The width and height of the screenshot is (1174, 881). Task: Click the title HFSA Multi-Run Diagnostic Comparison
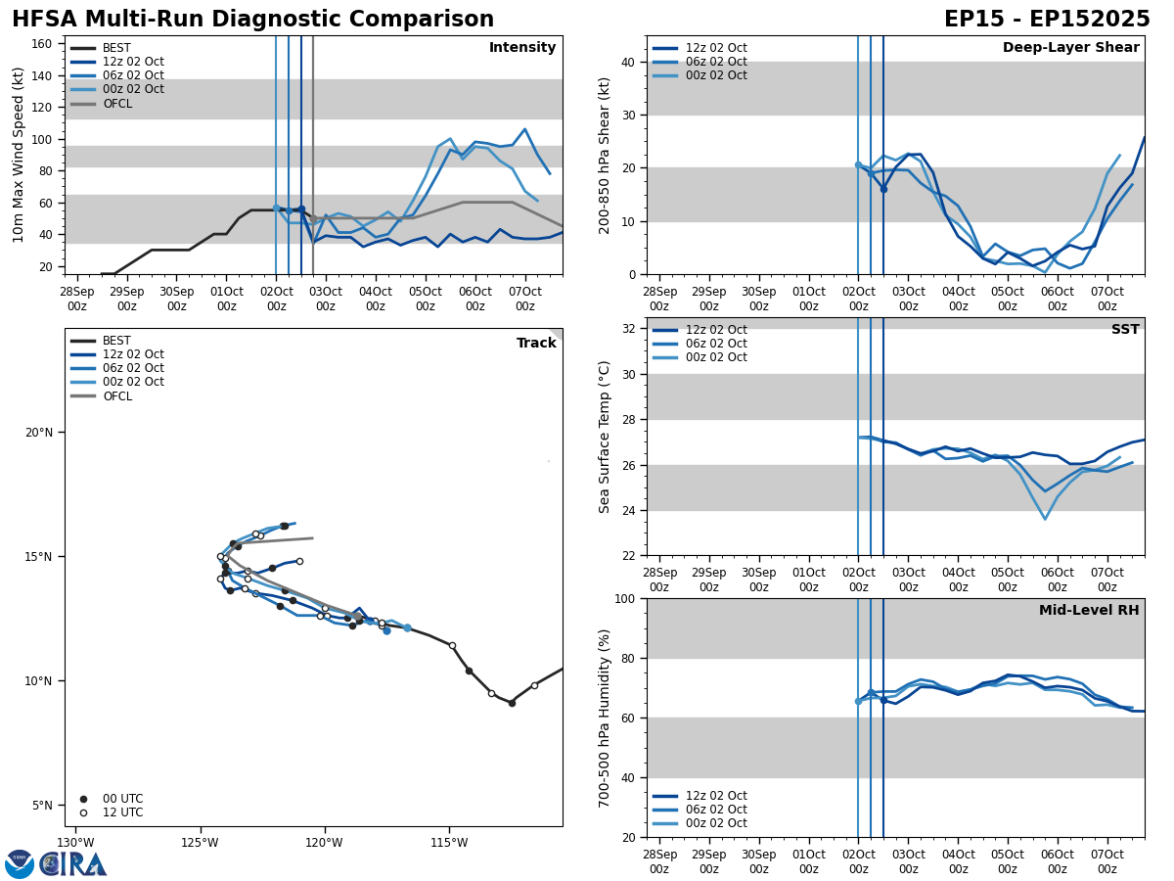click(252, 20)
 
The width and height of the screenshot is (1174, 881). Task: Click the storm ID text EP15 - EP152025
click(1046, 20)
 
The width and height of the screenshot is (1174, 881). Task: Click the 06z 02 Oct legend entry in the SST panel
click(716, 344)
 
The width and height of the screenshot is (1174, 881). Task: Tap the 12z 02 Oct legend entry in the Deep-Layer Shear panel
click(716, 48)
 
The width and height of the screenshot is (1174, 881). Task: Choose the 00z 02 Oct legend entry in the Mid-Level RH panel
click(716, 823)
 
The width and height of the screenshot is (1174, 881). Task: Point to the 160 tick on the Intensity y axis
click(42, 44)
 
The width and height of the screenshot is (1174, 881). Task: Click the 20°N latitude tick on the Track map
click(39, 433)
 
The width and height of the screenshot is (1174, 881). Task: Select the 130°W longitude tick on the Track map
click(75, 843)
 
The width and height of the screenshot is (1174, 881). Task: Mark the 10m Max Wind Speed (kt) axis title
click(19, 154)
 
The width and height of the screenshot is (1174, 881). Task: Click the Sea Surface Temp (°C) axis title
click(605, 437)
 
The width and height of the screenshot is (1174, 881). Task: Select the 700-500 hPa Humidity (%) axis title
click(605, 718)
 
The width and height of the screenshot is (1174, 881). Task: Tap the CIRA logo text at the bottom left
click(73, 863)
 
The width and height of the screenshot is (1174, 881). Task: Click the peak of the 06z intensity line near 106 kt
click(524, 129)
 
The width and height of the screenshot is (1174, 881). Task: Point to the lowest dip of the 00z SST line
click(1044, 519)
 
